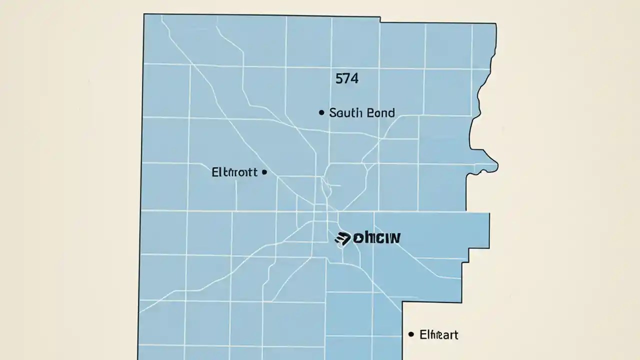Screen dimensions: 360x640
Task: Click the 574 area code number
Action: (347, 78)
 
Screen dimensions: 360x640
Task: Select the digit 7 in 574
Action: (347, 78)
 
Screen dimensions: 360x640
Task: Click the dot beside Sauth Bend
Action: (321, 113)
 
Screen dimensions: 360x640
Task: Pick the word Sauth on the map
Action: (346, 112)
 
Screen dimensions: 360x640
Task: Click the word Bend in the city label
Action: (380, 112)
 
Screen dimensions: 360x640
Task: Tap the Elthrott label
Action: (234, 172)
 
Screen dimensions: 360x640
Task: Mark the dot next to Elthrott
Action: (264, 172)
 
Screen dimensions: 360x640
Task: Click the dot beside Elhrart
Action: (411, 334)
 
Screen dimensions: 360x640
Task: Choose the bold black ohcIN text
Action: (376, 238)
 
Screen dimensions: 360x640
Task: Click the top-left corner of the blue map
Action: (144, 14)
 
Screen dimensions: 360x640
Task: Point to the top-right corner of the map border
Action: (495, 23)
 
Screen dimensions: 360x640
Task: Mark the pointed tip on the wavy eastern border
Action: (497, 164)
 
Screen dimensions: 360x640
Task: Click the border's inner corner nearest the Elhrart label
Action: (403, 301)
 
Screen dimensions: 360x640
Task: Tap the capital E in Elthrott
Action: (215, 172)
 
